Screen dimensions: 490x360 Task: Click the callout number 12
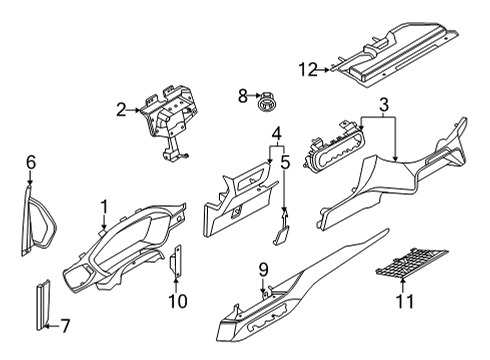[x=308, y=70]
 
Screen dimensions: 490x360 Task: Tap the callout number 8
[x=243, y=96]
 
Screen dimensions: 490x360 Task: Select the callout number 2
[x=121, y=110]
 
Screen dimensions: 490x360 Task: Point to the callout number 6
[x=31, y=163]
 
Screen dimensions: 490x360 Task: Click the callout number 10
[x=178, y=301]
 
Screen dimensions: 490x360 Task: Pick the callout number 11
[x=404, y=301]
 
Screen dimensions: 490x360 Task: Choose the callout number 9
[x=263, y=270]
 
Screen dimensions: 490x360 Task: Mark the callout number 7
[x=65, y=326]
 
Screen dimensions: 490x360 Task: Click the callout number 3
[x=384, y=105]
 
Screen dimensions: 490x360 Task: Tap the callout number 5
[x=285, y=163]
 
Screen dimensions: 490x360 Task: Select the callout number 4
[x=277, y=134]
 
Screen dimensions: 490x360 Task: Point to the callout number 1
[x=105, y=207]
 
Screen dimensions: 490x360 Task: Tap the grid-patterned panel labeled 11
[x=412, y=263]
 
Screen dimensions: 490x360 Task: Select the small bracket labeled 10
[x=176, y=261]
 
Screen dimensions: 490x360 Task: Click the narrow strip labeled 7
[x=43, y=305]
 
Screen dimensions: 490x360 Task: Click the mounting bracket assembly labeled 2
[x=168, y=119]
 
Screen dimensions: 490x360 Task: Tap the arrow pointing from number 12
[x=324, y=70]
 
